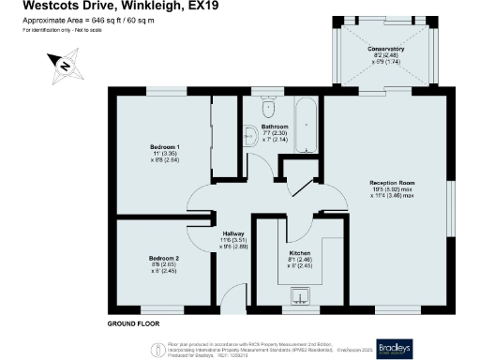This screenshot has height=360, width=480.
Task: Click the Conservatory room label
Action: (385, 48)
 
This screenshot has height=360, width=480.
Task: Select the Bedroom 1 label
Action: (165, 147)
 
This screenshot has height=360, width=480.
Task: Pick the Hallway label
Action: (233, 234)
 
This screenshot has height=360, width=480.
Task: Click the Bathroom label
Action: (275, 127)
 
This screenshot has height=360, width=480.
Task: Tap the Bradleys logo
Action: (437, 345)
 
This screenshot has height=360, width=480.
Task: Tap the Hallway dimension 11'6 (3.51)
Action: (233, 242)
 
